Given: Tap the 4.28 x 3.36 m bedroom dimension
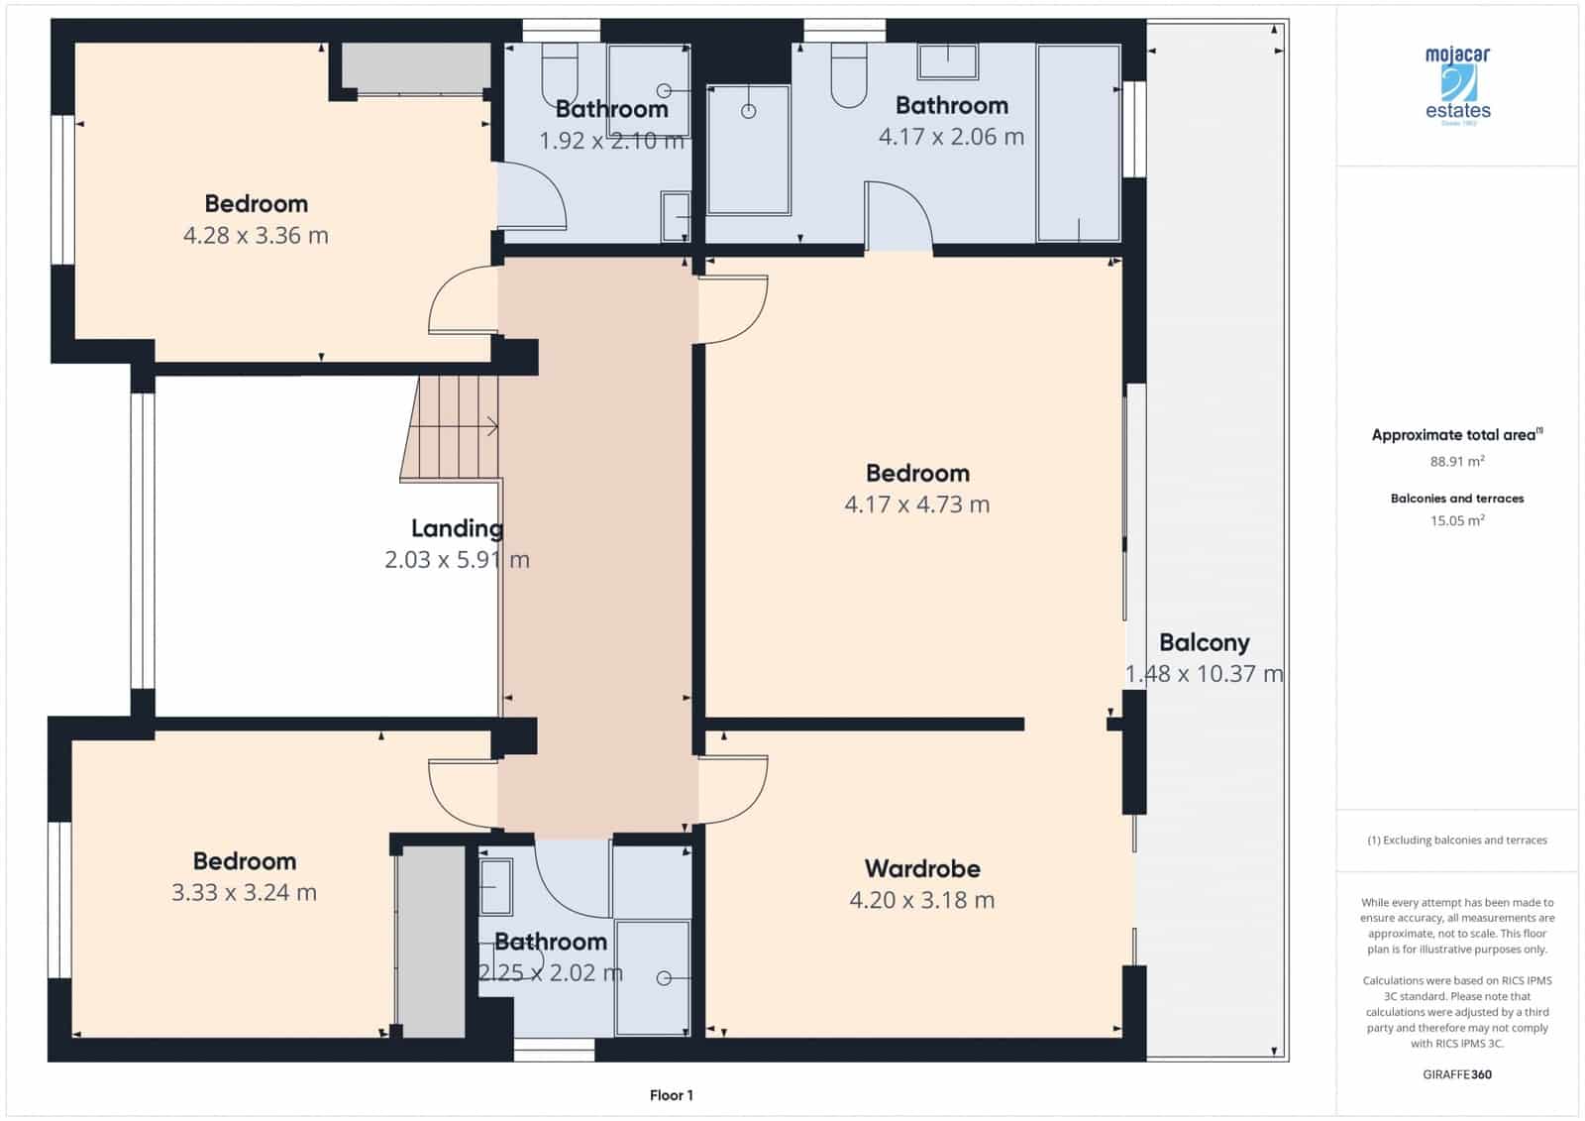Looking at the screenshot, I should coord(256,236).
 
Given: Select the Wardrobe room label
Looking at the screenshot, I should coord(922,869).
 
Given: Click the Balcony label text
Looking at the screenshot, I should coord(1204,642).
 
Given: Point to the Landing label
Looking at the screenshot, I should coord(457,528).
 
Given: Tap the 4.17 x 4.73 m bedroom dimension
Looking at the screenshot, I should coord(916,504).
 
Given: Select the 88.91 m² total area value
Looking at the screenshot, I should coord(1456,461).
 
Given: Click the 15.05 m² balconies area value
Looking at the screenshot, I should coord(1456,520).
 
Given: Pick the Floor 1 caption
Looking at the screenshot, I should coord(672,1095).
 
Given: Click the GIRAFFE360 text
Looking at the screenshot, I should coord(1456,1074).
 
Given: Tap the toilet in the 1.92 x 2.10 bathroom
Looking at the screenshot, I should coord(560,73).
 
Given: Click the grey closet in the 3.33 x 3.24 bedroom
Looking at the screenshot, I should coord(431,942).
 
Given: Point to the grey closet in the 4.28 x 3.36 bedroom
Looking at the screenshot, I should coord(416,67).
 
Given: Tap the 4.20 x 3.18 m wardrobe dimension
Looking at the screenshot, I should coord(921,900).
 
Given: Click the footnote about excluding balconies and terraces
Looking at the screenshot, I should coord(1456,841).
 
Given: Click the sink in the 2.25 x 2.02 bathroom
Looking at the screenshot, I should coord(495,885).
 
